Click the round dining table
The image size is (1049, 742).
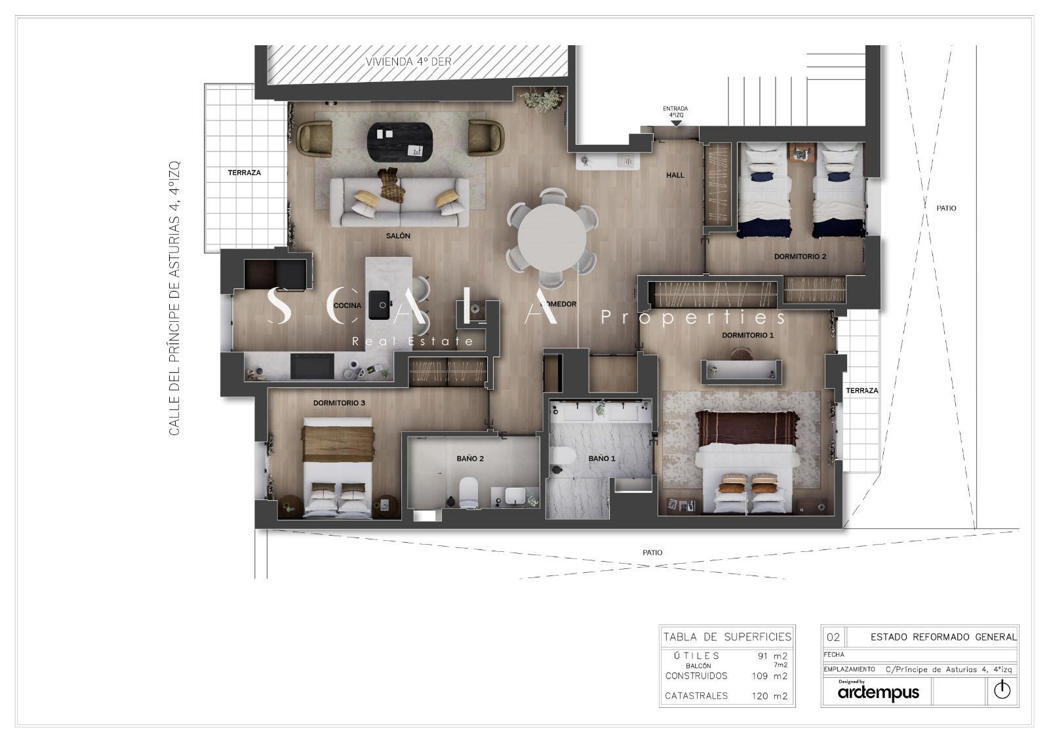click(551, 238)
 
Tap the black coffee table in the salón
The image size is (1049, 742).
click(400, 142)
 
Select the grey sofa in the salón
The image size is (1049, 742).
click(399, 203)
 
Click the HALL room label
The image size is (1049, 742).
click(675, 175)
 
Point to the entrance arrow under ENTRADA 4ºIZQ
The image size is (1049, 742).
click(676, 124)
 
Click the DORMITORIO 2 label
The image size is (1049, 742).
click(800, 256)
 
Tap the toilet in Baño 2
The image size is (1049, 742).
click(468, 492)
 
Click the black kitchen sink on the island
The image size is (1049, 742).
click(379, 305)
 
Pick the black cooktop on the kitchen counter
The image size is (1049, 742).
click(312, 366)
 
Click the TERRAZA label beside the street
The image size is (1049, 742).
click(245, 173)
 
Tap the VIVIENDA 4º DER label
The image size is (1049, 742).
click(408, 62)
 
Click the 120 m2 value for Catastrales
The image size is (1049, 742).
click(770, 696)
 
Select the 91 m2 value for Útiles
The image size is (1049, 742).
click(773, 656)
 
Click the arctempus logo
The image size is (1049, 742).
click(879, 692)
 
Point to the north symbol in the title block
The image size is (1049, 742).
click(1002, 690)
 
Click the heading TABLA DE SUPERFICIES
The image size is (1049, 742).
click(727, 636)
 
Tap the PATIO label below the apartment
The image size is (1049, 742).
click(652, 553)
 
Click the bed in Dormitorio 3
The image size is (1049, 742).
click(338, 467)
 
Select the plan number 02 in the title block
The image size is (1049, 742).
click(833, 637)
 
